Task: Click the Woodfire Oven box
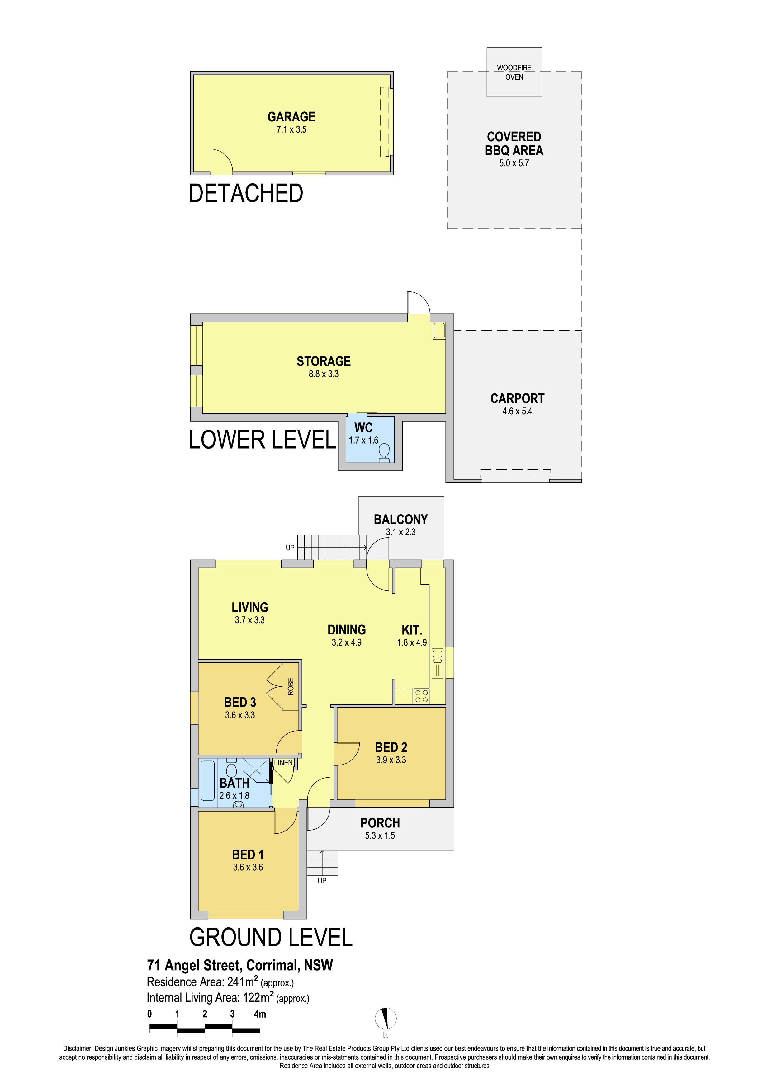tap(514, 72)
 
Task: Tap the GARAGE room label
tap(291, 117)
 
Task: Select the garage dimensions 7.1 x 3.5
tap(291, 129)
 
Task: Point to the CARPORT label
tap(518, 398)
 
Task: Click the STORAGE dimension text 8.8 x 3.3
tap(324, 374)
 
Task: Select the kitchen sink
tap(438, 663)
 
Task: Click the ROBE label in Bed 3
tap(291, 687)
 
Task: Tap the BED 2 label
tap(391, 747)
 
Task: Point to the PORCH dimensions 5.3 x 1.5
tap(380, 835)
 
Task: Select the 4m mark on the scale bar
tap(260, 1014)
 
